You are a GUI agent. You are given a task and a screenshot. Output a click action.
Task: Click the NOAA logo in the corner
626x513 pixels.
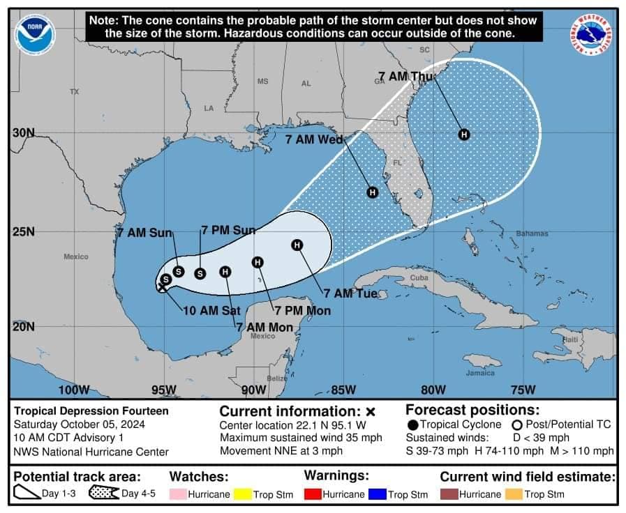34,35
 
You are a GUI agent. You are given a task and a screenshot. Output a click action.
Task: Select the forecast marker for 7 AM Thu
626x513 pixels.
463,135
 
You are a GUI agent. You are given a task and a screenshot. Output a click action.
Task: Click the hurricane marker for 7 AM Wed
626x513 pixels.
373,192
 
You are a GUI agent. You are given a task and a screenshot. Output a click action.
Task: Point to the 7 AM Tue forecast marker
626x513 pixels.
297,245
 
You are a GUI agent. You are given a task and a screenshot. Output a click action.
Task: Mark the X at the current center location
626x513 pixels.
161,286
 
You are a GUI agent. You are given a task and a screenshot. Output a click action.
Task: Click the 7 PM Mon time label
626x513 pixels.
302,310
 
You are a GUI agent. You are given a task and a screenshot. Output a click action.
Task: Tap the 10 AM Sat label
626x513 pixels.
207,311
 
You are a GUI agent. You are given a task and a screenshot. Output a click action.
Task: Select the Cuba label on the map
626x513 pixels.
418,277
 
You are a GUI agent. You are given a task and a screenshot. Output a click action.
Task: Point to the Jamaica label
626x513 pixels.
480,373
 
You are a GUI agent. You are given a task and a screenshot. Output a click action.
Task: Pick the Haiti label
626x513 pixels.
570,339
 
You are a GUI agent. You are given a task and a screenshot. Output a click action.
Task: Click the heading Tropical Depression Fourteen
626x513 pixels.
91,411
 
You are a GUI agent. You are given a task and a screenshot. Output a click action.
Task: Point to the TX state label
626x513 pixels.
75,92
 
